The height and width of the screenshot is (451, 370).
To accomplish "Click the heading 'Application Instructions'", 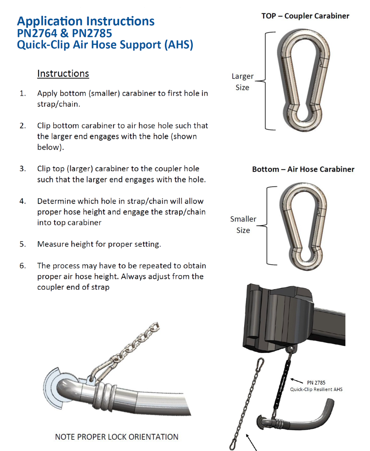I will point(86,21).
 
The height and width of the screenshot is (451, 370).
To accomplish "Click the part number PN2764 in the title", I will point(37,33).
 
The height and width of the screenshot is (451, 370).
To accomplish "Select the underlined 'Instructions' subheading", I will point(63,73).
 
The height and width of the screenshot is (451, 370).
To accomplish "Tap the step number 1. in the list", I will point(23,93).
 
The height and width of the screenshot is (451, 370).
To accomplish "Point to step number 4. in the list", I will point(23,201).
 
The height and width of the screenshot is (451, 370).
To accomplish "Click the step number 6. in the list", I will point(23,266).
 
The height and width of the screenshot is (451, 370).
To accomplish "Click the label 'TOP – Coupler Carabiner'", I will point(305,16).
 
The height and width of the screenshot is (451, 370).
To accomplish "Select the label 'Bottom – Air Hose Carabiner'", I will point(303,169).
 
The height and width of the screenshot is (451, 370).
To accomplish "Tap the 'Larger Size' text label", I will point(242,82).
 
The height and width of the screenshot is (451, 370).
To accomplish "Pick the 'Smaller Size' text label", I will point(243,225).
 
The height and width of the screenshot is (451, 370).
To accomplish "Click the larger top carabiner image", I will point(304,80).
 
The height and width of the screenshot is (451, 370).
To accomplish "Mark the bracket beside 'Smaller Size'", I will point(267,225).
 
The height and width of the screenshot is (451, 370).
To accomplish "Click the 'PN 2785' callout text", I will point(316,383).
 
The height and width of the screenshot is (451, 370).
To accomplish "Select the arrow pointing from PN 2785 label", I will point(297,381).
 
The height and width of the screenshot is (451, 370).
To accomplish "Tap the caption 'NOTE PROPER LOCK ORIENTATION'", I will point(117,437).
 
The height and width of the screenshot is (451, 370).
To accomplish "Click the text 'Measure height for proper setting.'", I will point(99,244).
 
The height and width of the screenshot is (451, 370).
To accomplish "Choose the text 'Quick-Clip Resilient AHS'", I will point(316,389).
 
